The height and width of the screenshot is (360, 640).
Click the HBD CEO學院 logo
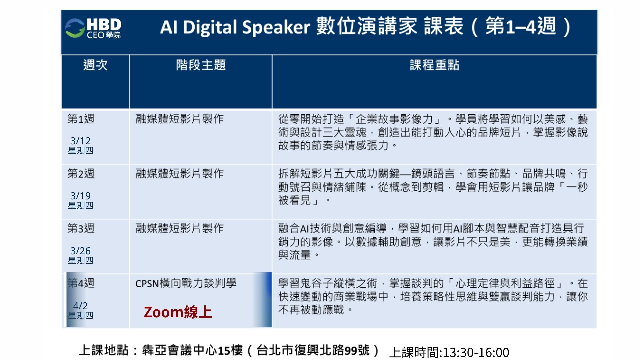tap(93, 28)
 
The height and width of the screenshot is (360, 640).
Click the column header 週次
tap(95, 65)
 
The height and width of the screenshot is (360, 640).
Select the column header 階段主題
tap(201, 65)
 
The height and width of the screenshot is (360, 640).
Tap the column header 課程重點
tap(434, 65)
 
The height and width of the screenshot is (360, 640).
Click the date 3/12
tap(80, 141)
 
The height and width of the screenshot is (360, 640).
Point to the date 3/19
tap(80, 196)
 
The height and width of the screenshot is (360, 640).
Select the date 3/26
tap(80, 251)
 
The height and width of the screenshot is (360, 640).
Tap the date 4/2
tap(80, 306)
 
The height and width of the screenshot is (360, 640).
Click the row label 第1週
tap(81, 119)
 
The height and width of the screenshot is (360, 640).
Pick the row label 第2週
tap(81, 174)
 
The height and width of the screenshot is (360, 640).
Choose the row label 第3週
tap(81, 228)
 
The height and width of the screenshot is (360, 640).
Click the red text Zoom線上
tap(178, 312)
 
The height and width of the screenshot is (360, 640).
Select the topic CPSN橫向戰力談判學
tap(186, 283)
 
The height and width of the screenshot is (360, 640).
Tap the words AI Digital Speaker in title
tap(235, 27)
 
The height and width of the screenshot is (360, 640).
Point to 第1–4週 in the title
tap(521, 26)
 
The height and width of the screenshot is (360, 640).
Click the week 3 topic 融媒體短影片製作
tap(180, 228)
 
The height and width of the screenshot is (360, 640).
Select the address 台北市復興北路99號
tap(313, 350)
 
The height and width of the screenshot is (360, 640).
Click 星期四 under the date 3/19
tap(81, 205)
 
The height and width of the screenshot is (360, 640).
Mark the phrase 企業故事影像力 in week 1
tap(394, 119)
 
